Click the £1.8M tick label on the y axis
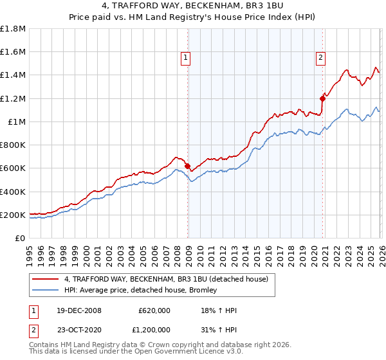point(13,29)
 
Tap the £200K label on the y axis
point(13,215)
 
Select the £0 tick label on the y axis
point(21,239)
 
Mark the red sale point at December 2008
point(187,166)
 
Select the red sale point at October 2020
point(322,98)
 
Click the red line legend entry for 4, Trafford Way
point(170,279)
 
